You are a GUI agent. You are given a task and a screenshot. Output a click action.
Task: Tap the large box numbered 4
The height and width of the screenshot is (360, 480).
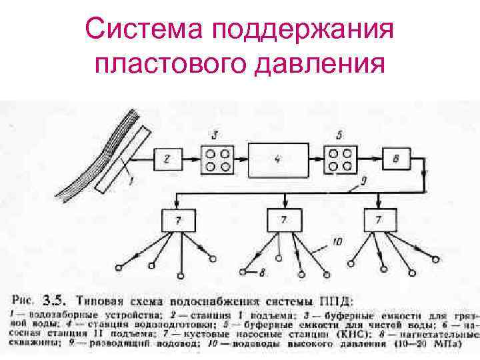coord(277,159)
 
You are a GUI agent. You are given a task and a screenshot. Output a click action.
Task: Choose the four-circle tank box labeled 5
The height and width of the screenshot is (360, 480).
coord(341,158)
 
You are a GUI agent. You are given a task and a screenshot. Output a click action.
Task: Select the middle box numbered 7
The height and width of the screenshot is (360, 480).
coord(284,219)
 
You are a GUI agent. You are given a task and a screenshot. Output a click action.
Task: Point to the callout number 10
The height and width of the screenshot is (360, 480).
coord(337,242)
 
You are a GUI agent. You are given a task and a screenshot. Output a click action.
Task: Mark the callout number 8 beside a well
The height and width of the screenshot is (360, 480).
coord(263,271)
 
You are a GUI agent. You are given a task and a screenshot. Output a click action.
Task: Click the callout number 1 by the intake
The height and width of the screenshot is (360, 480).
coord(132,179)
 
